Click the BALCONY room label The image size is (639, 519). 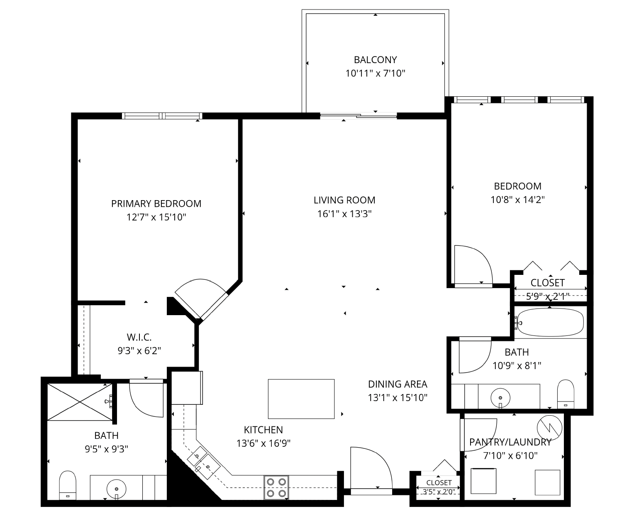pyautogui.click(x=375, y=60)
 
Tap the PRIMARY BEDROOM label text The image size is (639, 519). pyautogui.click(x=156, y=203)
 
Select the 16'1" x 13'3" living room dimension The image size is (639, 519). pyautogui.click(x=344, y=214)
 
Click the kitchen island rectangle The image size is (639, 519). pyautogui.click(x=301, y=399)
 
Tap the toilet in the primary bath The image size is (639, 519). pyautogui.click(x=68, y=485)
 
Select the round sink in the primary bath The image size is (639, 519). pyautogui.click(x=117, y=489)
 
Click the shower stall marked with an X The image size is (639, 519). pyautogui.click(x=80, y=402)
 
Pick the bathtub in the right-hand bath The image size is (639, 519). pyautogui.click(x=550, y=322)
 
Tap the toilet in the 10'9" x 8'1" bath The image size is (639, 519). pyautogui.click(x=566, y=394)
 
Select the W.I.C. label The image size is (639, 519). pyautogui.click(x=139, y=338)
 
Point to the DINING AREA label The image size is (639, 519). pyautogui.click(x=398, y=384)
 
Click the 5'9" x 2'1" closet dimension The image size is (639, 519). pyautogui.click(x=548, y=296)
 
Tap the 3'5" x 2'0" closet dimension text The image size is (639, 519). pyautogui.click(x=439, y=492)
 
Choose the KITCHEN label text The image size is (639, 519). pyautogui.click(x=263, y=430)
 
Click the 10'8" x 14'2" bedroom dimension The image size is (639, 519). pyautogui.click(x=517, y=200)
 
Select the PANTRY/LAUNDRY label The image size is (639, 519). pyautogui.click(x=510, y=442)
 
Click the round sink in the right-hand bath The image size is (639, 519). pyautogui.click(x=500, y=398)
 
